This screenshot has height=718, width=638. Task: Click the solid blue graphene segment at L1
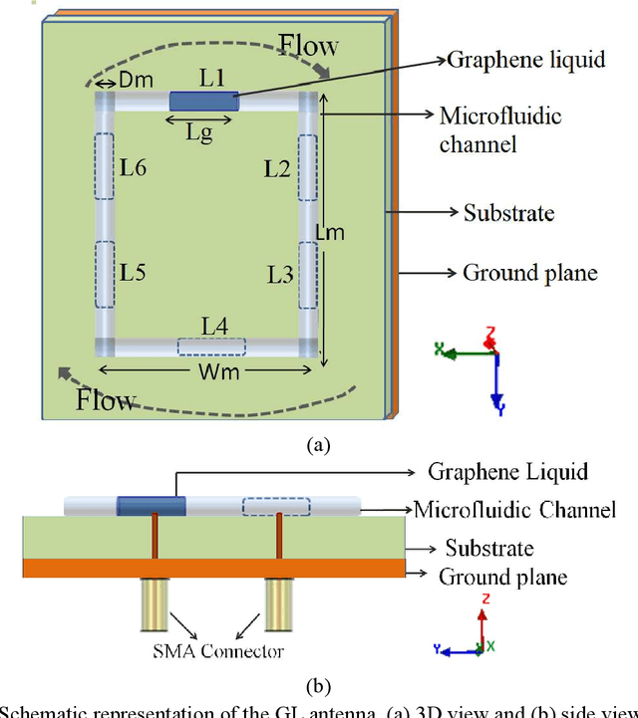[203, 102]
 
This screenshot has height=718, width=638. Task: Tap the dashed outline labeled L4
[211, 347]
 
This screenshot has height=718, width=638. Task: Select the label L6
[134, 168]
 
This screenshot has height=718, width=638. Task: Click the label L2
[277, 169]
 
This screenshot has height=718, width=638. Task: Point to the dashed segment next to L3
[307, 273]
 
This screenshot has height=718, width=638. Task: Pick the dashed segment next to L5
[105, 273]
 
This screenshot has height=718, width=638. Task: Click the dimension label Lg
[199, 132]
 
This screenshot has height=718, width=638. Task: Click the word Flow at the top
[307, 45]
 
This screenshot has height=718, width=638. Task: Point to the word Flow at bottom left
[106, 401]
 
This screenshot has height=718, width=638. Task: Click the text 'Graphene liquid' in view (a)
[525, 60]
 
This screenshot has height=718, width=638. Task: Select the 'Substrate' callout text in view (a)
[508, 213]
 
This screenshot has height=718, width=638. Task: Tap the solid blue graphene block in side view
[151, 507]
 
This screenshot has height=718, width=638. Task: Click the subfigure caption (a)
[317, 446]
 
